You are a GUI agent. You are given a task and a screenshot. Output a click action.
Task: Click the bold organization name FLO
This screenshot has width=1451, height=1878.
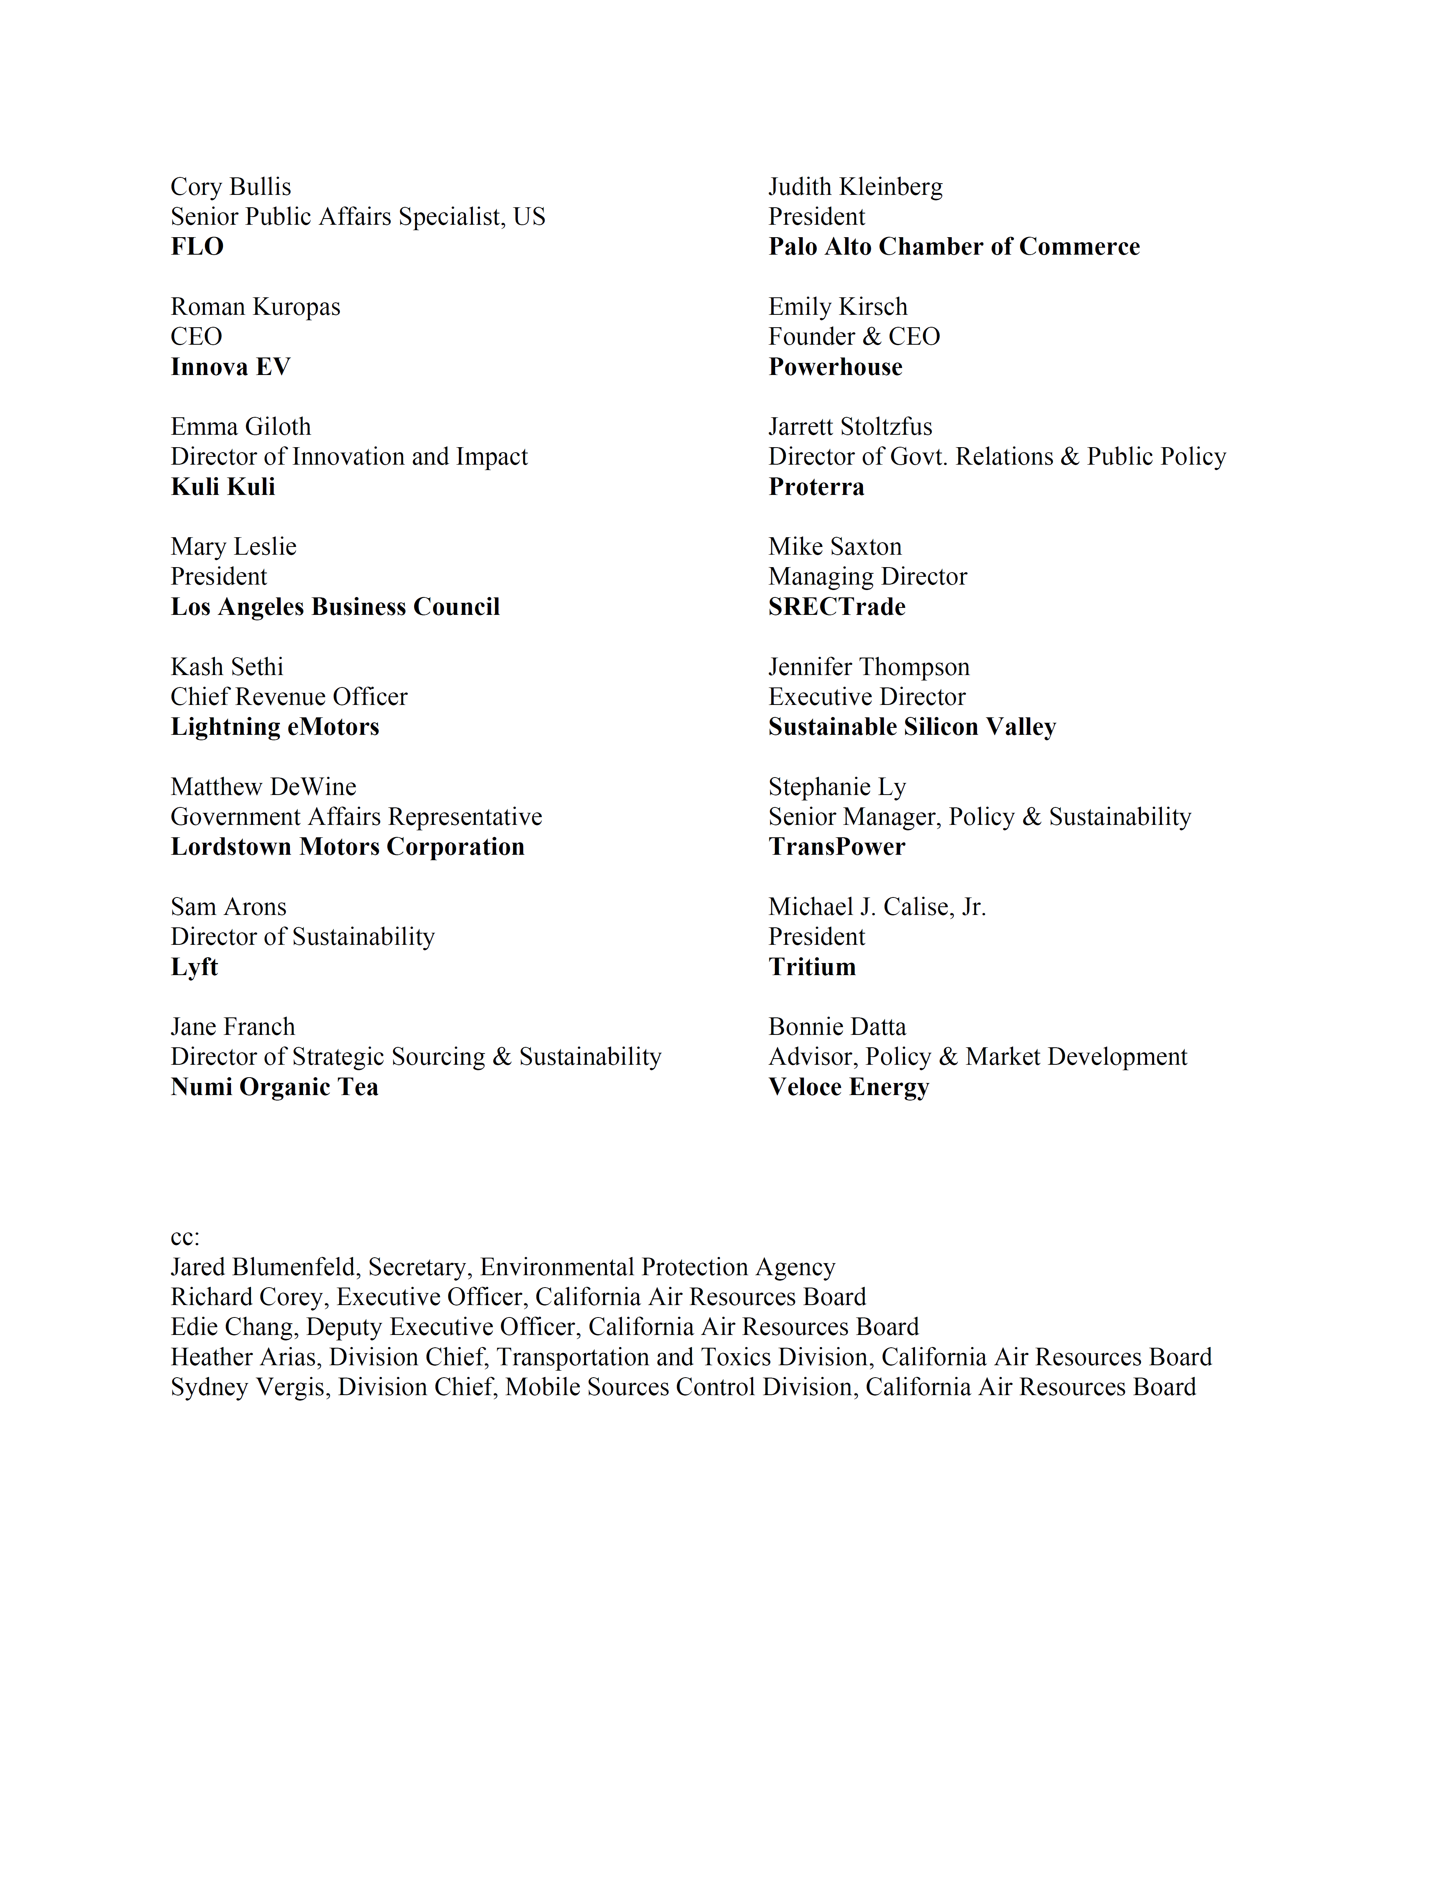pos(197,247)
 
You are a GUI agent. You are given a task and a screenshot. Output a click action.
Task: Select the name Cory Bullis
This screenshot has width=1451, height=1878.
pos(231,187)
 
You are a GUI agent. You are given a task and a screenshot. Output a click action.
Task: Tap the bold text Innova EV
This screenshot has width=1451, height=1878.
pos(231,367)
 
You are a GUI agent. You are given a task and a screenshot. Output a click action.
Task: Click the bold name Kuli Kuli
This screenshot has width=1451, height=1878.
pos(223,487)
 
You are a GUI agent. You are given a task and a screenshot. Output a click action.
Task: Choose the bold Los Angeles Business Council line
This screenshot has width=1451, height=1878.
pos(335,607)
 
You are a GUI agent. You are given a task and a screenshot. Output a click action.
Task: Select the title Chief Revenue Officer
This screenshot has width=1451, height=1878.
pos(289,696)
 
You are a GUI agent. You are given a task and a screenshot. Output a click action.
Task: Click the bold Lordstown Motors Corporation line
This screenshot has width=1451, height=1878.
pos(347,847)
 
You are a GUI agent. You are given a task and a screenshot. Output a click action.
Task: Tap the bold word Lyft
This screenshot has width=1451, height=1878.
pos(194,967)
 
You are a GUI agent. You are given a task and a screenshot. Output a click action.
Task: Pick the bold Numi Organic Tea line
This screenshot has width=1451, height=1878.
pos(274,1087)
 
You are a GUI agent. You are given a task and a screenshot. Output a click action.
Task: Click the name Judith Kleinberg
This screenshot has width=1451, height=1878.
pos(855,187)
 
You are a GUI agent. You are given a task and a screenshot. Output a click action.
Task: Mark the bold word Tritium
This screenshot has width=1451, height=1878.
pos(812,967)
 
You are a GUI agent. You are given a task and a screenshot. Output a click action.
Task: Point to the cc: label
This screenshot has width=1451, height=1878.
pos(185,1238)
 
